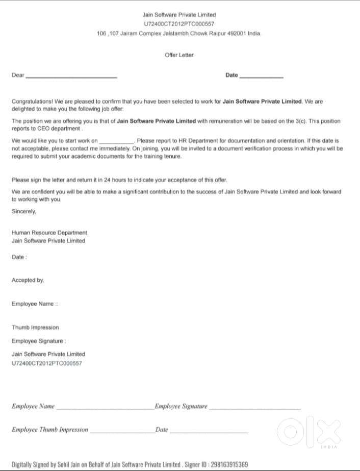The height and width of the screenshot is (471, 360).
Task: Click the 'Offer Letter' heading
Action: coord(179,55)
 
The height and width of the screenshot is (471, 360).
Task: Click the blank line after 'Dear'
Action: coord(71,77)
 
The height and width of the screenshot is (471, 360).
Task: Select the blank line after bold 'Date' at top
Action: coord(261,77)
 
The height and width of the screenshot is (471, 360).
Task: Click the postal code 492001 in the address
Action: coord(236,33)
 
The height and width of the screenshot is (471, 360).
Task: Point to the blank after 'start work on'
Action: coord(116,141)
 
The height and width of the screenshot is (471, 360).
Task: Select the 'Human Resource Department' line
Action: coord(49,233)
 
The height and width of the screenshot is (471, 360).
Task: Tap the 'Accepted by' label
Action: coord(28,280)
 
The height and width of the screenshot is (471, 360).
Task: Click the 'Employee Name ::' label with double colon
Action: coord(35,304)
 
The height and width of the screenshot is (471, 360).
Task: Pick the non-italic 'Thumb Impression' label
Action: coord(35,328)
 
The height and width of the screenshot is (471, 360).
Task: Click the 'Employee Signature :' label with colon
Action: coord(39,341)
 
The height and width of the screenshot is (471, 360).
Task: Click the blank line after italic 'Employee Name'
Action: coord(105,408)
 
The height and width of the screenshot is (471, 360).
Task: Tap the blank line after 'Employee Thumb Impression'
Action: coord(121,432)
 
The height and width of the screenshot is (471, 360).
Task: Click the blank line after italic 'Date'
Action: coord(209,432)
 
